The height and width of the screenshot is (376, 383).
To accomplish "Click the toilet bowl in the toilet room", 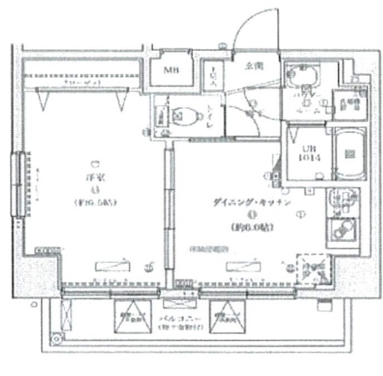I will click(185, 114).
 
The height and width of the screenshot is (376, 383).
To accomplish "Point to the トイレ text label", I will click(211, 115).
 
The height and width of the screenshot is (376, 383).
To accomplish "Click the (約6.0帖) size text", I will click(251, 227).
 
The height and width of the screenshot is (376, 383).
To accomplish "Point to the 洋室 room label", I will click(94, 177).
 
